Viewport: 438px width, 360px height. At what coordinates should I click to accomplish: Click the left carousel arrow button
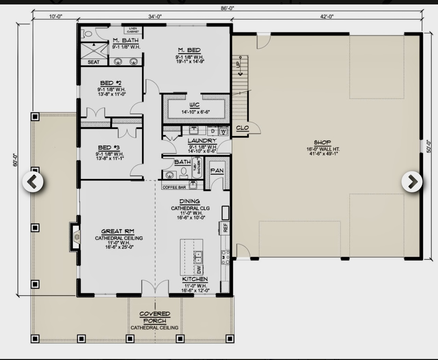tap(33, 182)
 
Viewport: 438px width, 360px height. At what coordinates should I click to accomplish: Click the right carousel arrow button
tap(412, 182)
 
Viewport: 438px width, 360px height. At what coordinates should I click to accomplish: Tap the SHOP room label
tap(323, 142)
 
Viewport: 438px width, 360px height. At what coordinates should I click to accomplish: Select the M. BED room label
tap(189, 50)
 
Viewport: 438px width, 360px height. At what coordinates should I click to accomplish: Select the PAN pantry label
tap(217, 170)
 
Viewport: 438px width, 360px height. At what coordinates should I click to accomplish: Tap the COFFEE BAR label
tap(174, 187)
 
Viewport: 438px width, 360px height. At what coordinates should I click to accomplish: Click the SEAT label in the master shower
tap(93, 62)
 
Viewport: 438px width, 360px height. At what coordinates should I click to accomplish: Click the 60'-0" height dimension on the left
tap(15, 160)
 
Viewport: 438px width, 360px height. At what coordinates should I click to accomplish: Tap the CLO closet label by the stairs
tap(242, 128)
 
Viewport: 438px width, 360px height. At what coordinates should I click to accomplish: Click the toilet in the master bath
tap(87, 34)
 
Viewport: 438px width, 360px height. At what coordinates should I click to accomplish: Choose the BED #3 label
tap(109, 148)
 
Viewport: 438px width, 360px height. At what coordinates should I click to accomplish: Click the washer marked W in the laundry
tap(223, 131)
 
